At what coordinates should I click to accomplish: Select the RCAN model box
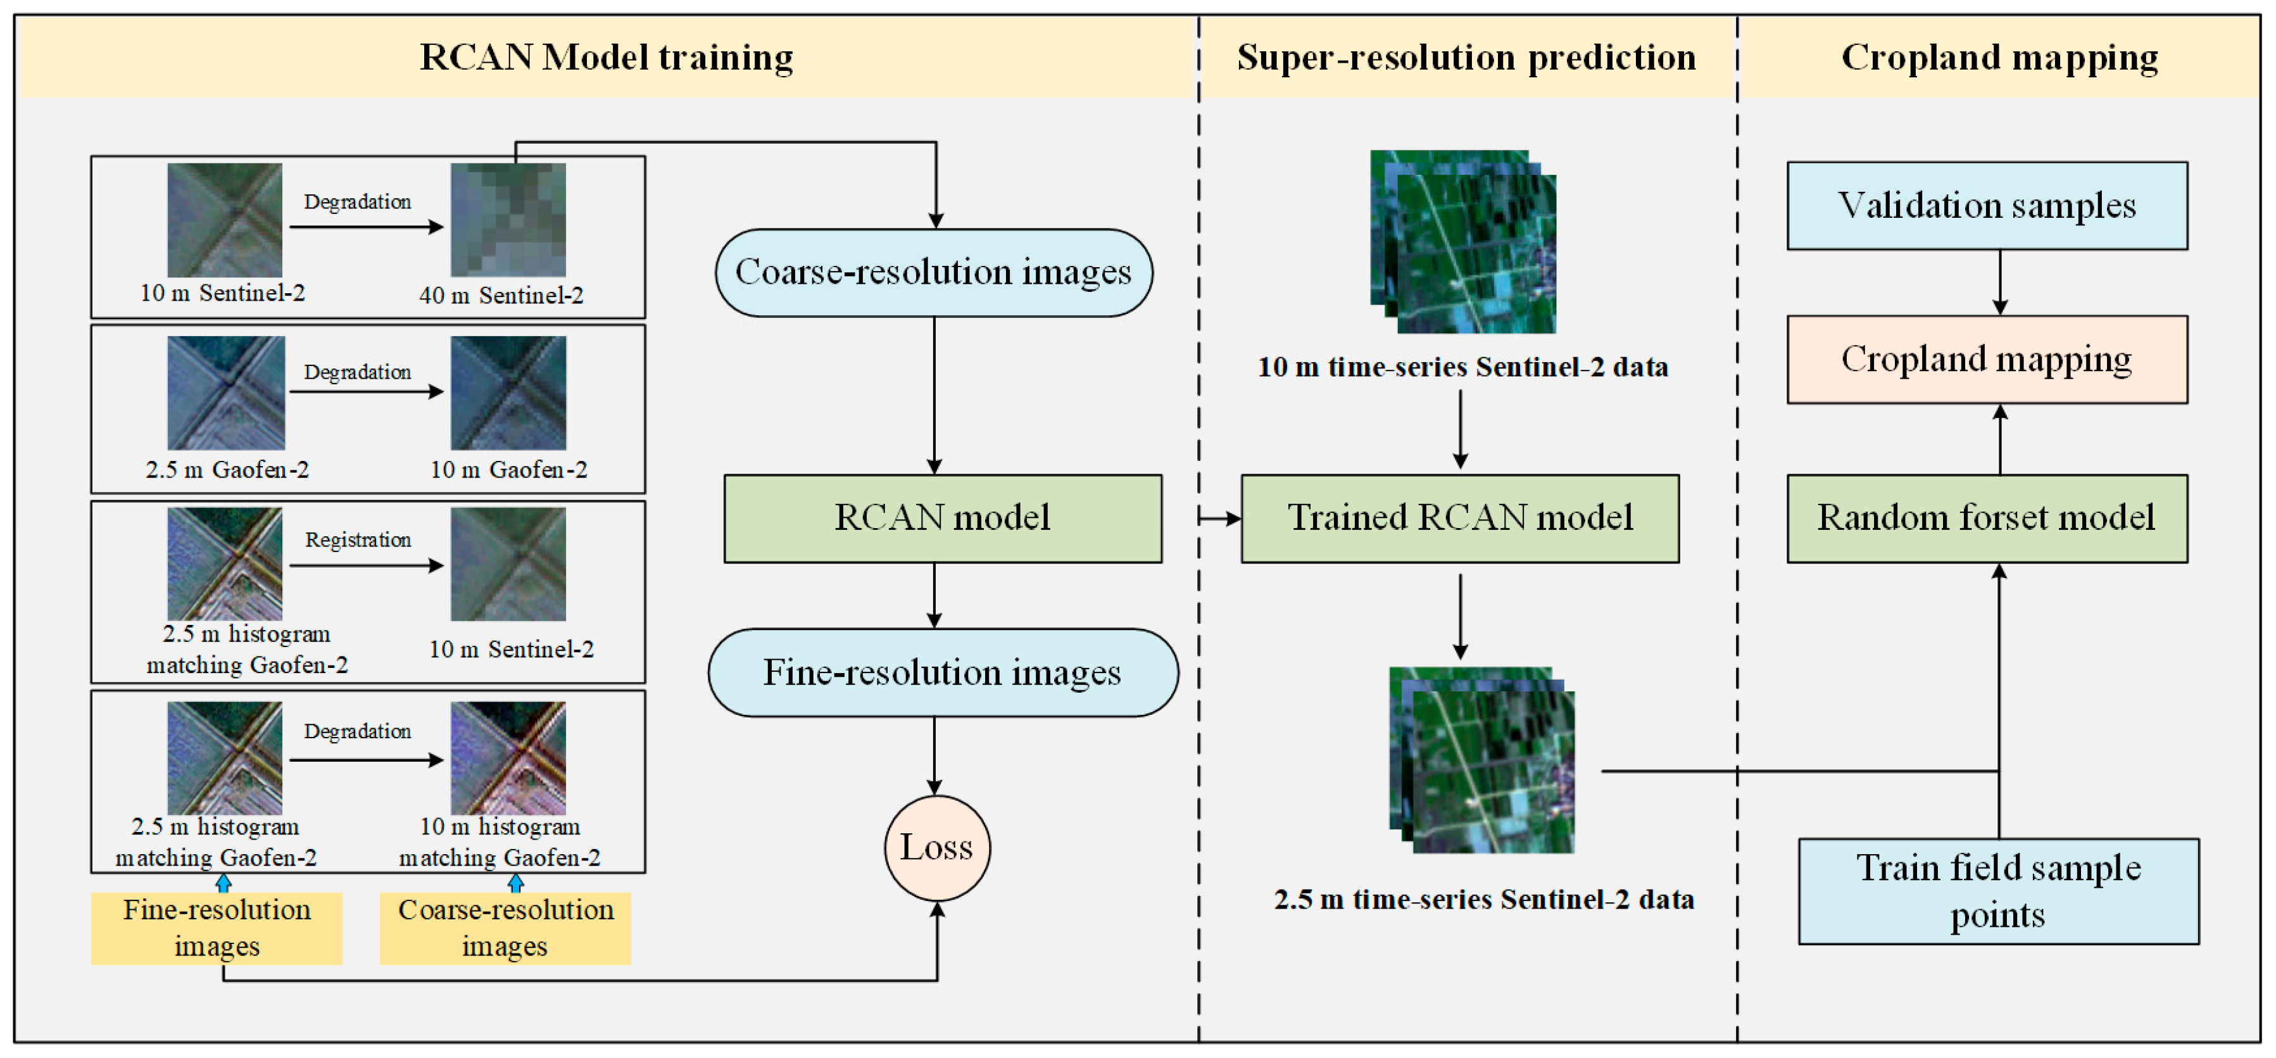coord(942,518)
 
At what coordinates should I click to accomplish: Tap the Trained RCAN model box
coord(1459,518)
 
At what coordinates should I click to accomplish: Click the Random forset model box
coord(1986,518)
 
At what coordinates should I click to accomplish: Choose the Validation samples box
coord(1986,205)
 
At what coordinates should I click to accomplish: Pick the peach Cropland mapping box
coord(1986,359)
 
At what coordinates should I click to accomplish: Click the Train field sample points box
coord(1997,890)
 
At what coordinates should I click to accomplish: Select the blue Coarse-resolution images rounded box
coord(933,272)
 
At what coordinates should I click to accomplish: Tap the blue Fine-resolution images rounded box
coord(942,672)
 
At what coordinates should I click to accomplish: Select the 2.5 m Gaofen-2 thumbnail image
coord(226,393)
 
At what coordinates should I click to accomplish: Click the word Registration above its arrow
coord(358,539)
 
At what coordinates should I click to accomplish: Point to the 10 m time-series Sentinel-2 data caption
coord(1462,367)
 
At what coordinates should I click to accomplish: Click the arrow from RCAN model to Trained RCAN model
coord(1219,518)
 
